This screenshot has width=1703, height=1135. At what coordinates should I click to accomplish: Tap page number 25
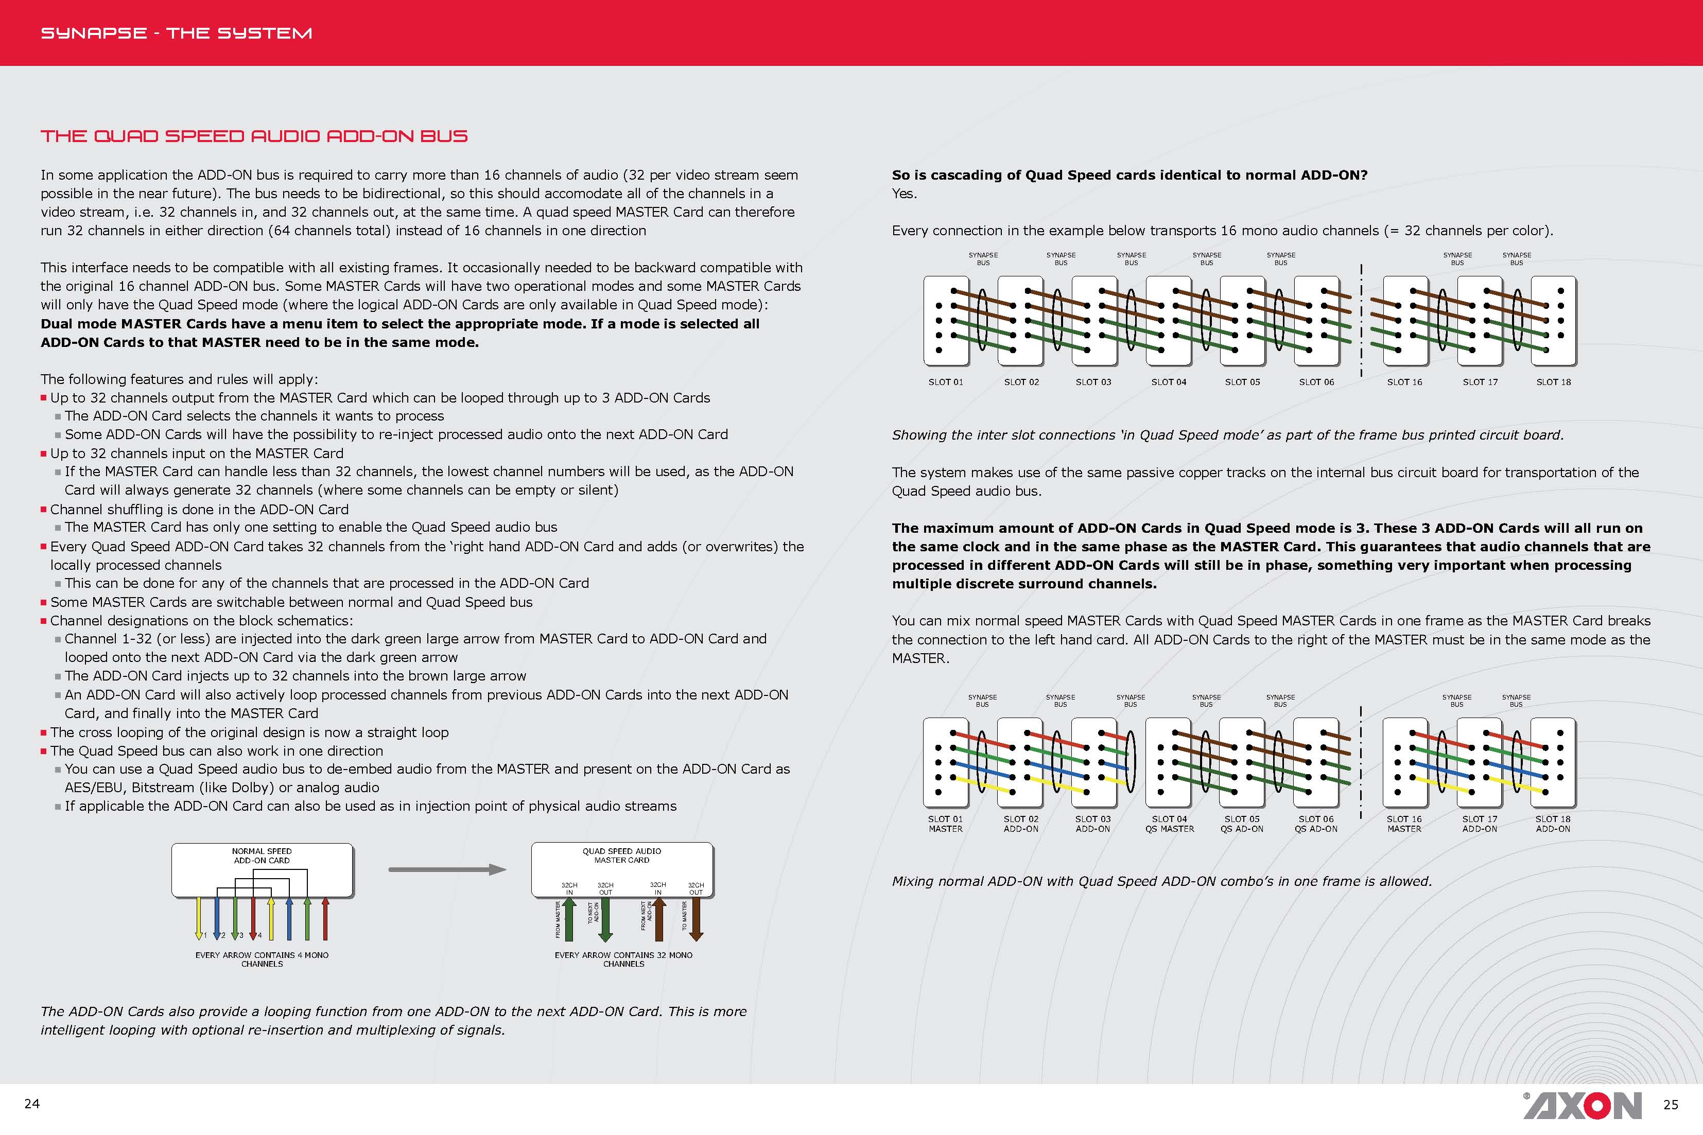pyautogui.click(x=1671, y=1105)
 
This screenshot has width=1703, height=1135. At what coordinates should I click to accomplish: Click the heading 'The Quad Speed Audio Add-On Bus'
pyautogui.click(x=254, y=136)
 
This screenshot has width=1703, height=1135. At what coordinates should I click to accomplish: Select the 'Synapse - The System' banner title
pyautogui.click(x=177, y=33)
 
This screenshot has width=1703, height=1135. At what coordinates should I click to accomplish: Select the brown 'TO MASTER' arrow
pyautogui.click(x=696, y=919)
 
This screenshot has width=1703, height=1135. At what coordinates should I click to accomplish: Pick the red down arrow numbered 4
pyautogui.click(x=253, y=919)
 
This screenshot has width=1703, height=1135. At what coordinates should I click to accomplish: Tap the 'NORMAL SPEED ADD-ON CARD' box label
pyautogui.click(x=262, y=855)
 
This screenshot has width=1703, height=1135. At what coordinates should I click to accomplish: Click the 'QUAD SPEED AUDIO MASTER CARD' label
pyautogui.click(x=622, y=855)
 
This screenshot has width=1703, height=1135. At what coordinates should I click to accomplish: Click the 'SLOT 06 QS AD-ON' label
pyautogui.click(x=1316, y=824)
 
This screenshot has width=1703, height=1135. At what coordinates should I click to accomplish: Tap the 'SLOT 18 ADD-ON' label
pyautogui.click(x=1553, y=824)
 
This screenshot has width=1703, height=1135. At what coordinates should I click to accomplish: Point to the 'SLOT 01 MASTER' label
pyautogui.click(x=945, y=824)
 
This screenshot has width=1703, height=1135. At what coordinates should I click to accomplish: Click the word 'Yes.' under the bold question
pyautogui.click(x=904, y=193)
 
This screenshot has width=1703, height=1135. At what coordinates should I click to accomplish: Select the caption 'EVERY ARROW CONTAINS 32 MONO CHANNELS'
pyautogui.click(x=623, y=959)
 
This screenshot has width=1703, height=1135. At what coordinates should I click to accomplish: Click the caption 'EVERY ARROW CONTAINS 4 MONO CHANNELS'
pyautogui.click(x=262, y=959)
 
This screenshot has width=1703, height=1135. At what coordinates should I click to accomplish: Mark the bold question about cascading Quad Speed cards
pyautogui.click(x=1129, y=174)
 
